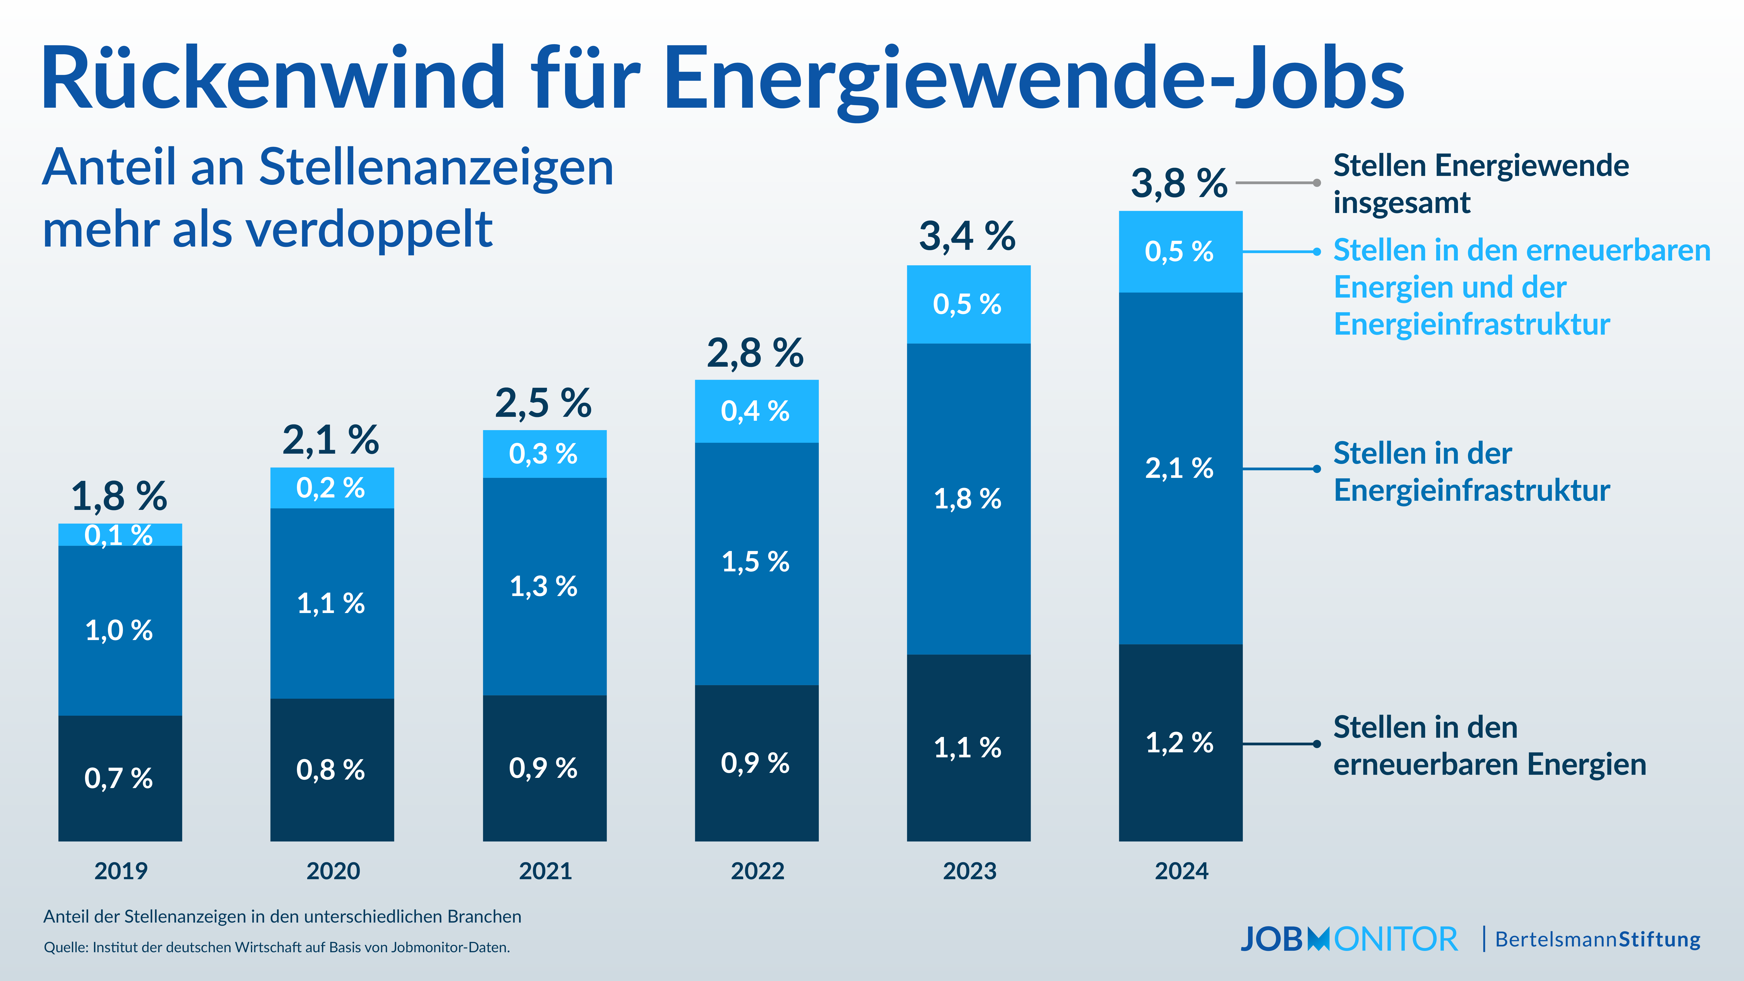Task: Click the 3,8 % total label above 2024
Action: click(x=1179, y=183)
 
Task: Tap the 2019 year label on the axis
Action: click(x=121, y=871)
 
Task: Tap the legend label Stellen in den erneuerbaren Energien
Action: click(x=1489, y=745)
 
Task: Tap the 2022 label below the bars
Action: click(x=757, y=871)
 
